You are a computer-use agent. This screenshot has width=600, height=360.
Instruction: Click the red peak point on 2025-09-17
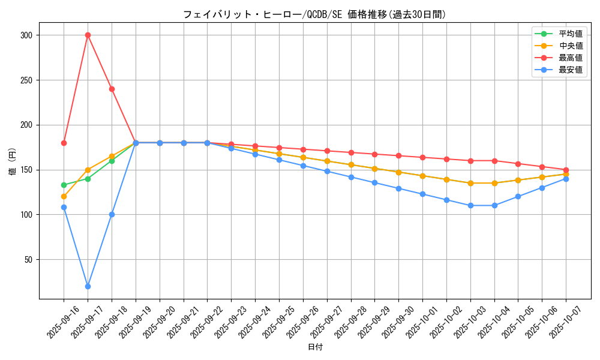pyautogui.click(x=88, y=35)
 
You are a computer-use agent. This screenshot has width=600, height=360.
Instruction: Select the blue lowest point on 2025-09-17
pyautogui.click(x=88, y=286)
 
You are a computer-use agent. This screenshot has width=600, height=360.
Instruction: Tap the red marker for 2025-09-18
pyautogui.click(x=112, y=89)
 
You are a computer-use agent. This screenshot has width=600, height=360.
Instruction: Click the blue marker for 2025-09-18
pyautogui.click(x=112, y=214)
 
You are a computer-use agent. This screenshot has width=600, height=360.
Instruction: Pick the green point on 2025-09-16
pyautogui.click(x=64, y=185)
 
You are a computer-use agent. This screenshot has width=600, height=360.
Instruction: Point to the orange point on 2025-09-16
pyautogui.click(x=64, y=196)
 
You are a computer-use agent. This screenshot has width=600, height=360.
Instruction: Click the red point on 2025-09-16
pyautogui.click(x=64, y=143)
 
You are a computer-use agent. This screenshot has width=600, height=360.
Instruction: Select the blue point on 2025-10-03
pyautogui.click(x=470, y=205)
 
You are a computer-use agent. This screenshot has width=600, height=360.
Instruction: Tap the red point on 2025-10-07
pyautogui.click(x=566, y=170)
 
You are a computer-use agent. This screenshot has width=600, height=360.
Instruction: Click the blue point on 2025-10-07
pyautogui.click(x=566, y=179)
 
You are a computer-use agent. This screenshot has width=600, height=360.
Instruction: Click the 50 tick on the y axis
pyautogui.click(x=28, y=259)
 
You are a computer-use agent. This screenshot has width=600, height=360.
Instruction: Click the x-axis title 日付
pyautogui.click(x=315, y=347)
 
